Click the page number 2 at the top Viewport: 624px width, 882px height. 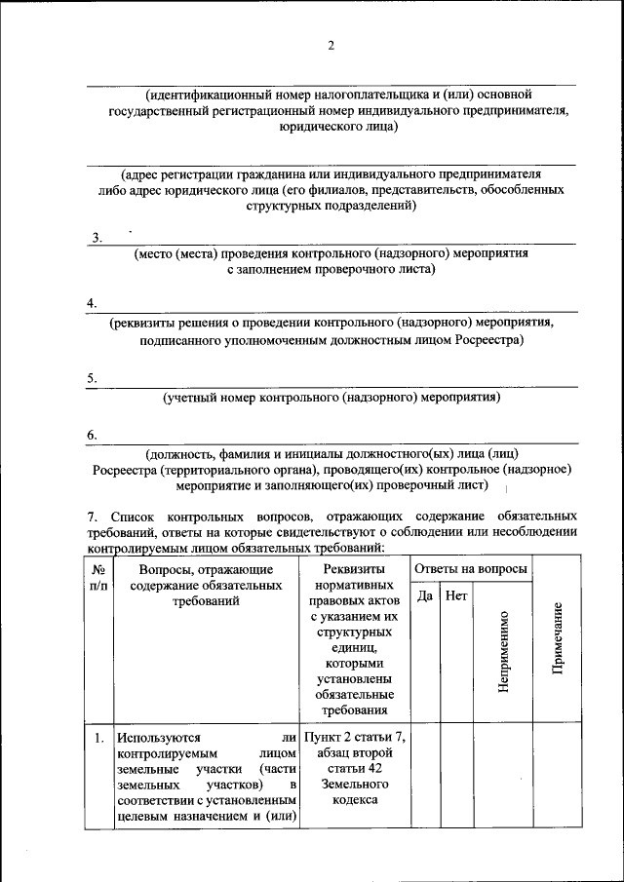pos(331,46)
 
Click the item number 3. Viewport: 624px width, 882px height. pos(97,238)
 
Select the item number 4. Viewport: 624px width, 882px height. pos(92,304)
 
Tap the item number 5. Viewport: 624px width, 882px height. pos(92,378)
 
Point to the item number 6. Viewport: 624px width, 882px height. pos(92,435)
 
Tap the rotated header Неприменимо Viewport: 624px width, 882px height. pos(503,651)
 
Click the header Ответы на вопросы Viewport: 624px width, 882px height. pos(471,568)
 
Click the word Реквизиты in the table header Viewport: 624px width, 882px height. pos(355,568)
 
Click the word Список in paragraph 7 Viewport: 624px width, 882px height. pos(134,515)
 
